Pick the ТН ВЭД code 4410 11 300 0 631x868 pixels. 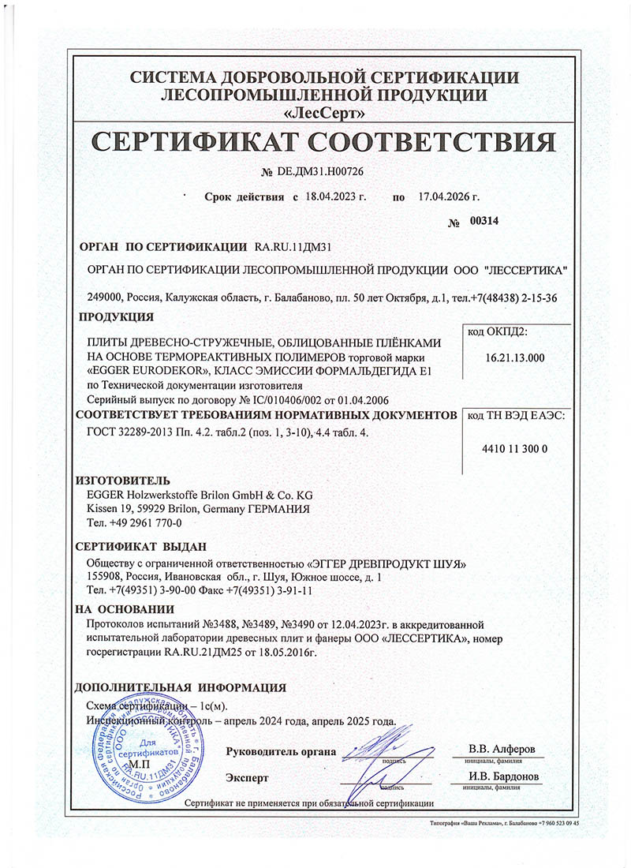514,448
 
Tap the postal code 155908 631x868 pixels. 105,577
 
